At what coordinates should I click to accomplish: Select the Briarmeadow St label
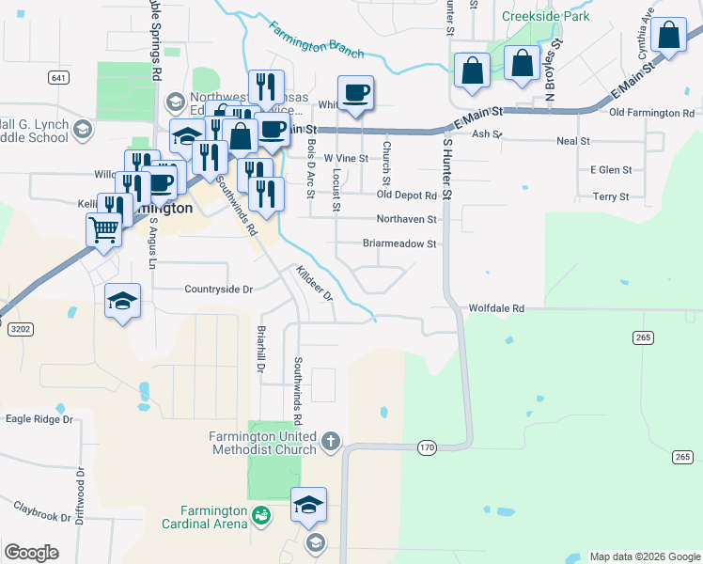(x=399, y=243)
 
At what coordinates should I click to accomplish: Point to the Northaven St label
(x=406, y=219)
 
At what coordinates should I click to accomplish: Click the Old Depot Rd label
(x=406, y=195)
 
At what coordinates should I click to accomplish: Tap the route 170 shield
(x=428, y=447)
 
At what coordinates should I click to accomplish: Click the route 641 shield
(x=58, y=77)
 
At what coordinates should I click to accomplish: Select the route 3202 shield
(x=18, y=329)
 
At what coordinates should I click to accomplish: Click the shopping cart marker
(x=103, y=228)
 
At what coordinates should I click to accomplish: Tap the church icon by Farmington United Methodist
(x=330, y=440)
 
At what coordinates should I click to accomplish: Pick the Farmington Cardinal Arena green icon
(x=260, y=514)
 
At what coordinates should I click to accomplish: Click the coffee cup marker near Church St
(x=355, y=92)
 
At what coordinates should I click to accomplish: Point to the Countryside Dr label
(x=219, y=290)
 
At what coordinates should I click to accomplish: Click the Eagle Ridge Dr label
(x=39, y=418)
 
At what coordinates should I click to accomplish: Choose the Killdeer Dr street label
(x=315, y=282)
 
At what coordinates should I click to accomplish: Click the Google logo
(x=31, y=553)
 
